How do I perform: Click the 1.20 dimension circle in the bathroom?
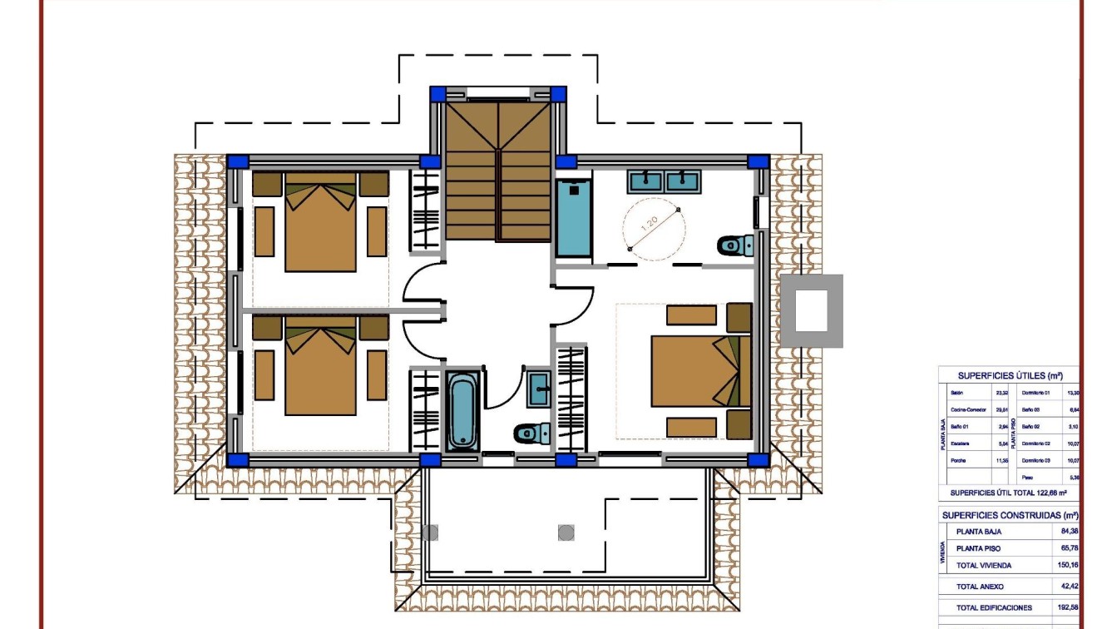coord(655,229)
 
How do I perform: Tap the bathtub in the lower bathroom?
coord(462,410)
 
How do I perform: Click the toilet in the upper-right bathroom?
coord(734,245)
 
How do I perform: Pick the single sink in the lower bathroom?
coord(538,388)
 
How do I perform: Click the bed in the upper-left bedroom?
coord(320,222)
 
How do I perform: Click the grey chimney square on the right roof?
coord(811,310)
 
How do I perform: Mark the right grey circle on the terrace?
coord(566,532)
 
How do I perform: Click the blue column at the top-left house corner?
coord(238,161)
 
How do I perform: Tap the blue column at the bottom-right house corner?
coord(757,459)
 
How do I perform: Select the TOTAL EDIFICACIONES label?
coord(994,608)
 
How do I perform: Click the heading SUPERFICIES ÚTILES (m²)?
coord(1010,375)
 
